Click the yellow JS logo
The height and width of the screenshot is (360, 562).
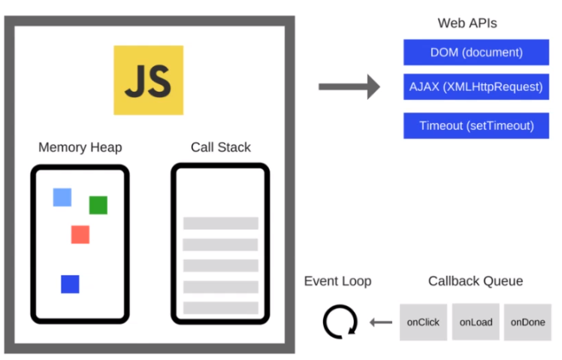(x=148, y=80)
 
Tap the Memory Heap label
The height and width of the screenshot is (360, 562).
(x=80, y=147)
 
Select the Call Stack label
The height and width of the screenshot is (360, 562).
(x=220, y=147)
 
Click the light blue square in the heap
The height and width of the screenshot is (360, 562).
(x=62, y=198)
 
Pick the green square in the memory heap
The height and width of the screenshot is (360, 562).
(x=98, y=205)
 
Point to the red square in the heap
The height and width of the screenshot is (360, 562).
(x=80, y=234)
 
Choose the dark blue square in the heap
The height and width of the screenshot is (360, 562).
(x=70, y=284)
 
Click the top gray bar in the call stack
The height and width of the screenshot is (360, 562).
(x=220, y=223)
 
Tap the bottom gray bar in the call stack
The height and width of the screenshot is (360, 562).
(x=220, y=307)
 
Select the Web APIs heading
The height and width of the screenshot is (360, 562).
(x=467, y=23)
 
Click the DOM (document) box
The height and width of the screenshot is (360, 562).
(x=476, y=53)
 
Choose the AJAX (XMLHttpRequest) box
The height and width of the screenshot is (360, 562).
(x=476, y=86)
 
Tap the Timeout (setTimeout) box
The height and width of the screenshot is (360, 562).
(x=476, y=126)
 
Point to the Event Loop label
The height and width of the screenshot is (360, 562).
(x=337, y=281)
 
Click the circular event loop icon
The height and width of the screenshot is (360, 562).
(x=338, y=322)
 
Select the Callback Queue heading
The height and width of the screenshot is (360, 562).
(x=476, y=281)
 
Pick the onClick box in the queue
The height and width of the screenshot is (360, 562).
(x=423, y=322)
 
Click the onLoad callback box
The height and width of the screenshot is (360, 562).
(x=476, y=322)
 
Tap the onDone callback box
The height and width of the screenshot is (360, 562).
(x=527, y=322)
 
